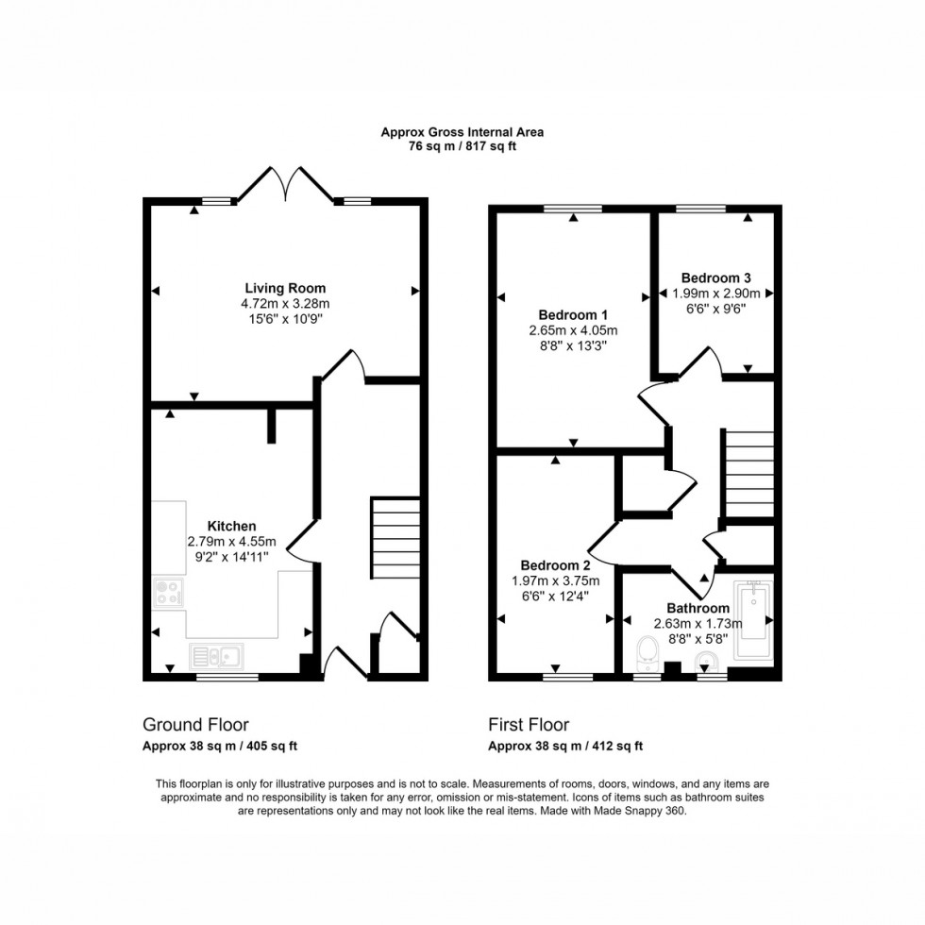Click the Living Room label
285,288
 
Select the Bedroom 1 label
573,314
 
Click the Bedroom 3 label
715,277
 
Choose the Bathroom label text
698,608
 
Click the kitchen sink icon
216,655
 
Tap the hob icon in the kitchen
167,593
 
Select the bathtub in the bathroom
754,618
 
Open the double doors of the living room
285,183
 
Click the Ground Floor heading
195,725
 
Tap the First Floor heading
529,725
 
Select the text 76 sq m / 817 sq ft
462,146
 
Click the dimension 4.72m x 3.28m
285,304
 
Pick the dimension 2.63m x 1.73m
698,624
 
